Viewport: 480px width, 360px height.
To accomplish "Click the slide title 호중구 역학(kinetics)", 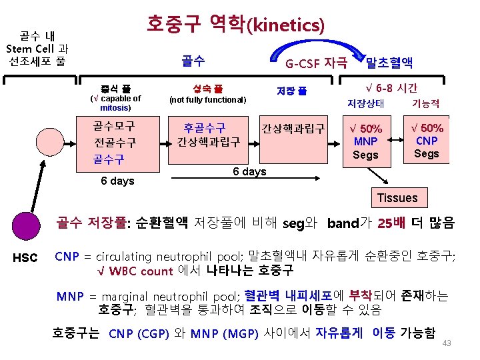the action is pos(235,25).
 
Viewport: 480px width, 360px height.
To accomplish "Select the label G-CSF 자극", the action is pos(315,63).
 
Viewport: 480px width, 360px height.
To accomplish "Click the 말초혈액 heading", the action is pos(389,63).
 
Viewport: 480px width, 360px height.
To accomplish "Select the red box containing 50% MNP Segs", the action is pos(366,141).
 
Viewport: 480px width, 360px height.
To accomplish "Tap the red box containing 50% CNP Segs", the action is pos(427,140).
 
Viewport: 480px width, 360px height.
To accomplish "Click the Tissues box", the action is pos(397,197).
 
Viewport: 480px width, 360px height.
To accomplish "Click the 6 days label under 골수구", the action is pos(117,181).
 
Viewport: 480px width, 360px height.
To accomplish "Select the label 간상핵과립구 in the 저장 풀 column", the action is pos(293,127).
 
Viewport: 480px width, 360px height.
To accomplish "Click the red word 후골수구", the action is pos(205,127).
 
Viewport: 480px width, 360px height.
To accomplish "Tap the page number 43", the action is pos(447,343).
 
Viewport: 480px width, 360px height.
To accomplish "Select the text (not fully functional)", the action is pos(208,99).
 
